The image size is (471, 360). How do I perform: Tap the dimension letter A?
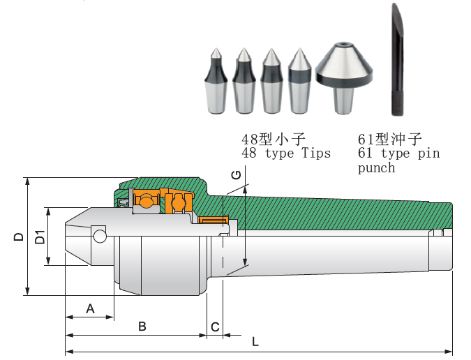click(89, 308)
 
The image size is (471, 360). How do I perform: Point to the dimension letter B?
click(142, 326)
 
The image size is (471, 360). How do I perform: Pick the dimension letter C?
click(215, 327)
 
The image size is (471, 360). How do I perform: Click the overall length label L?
click(255, 342)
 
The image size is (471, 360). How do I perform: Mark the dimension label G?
click(237, 176)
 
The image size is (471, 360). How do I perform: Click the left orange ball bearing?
click(147, 201)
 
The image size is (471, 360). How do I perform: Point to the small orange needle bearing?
click(212, 220)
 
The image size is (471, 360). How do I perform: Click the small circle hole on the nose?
click(100, 237)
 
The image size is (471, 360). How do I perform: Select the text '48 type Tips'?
click(286, 153)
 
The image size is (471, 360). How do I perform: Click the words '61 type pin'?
click(398, 153)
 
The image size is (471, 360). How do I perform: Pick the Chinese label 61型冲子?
click(389, 138)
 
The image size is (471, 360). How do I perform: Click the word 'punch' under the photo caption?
click(376, 168)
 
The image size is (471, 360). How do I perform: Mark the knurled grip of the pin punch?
click(396, 103)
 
